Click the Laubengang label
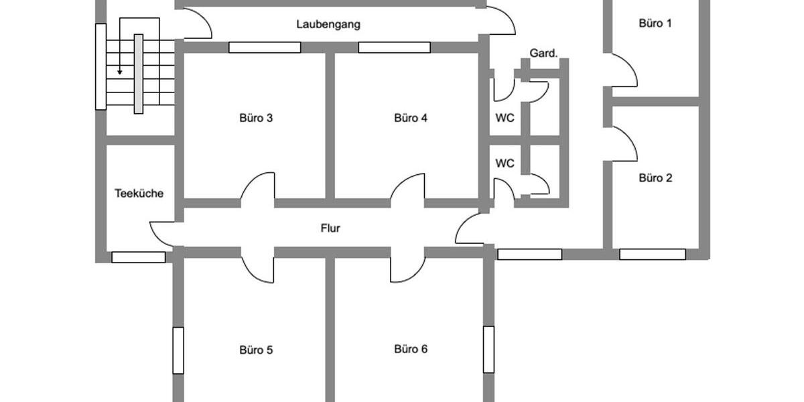click(x=328, y=24)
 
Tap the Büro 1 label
click(x=655, y=23)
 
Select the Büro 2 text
click(x=655, y=178)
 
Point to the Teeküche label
click(x=139, y=193)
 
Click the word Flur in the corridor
click(x=330, y=228)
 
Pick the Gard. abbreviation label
click(x=543, y=53)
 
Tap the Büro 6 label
click(x=411, y=349)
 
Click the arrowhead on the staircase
click(x=120, y=71)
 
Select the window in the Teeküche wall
click(x=138, y=257)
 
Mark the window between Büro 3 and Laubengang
click(x=265, y=47)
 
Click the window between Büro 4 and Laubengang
click(x=394, y=47)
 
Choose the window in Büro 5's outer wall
click(x=178, y=350)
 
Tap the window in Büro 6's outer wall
click(x=488, y=350)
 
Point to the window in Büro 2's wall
click(x=652, y=254)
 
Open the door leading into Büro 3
click(x=257, y=188)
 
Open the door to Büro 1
click(x=622, y=72)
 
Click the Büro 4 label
click(x=411, y=118)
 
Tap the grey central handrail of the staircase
click(x=139, y=74)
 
